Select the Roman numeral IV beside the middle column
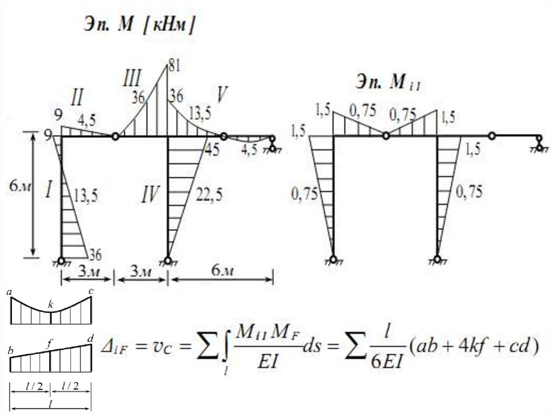click(x=151, y=194)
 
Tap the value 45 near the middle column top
click(x=212, y=150)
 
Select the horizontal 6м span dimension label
click(x=221, y=271)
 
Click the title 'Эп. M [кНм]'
click(x=138, y=25)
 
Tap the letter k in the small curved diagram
click(x=50, y=306)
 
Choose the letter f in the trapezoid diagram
click(x=50, y=342)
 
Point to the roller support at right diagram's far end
click(x=539, y=144)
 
